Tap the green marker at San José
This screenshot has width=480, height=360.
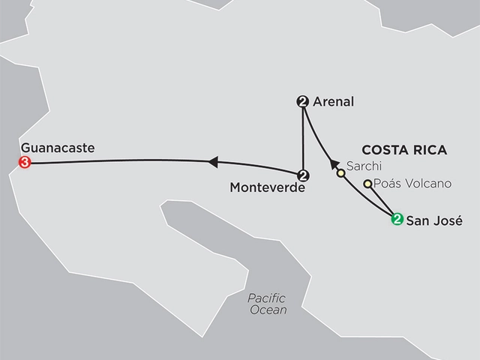[396, 219]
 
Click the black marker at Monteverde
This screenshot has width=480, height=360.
[302, 175]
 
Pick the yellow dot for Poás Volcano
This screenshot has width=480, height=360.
[367, 184]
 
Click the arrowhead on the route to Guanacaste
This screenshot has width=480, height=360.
[214, 160]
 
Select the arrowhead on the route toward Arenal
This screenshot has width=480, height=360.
[327, 160]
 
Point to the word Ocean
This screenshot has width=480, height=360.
[268, 310]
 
